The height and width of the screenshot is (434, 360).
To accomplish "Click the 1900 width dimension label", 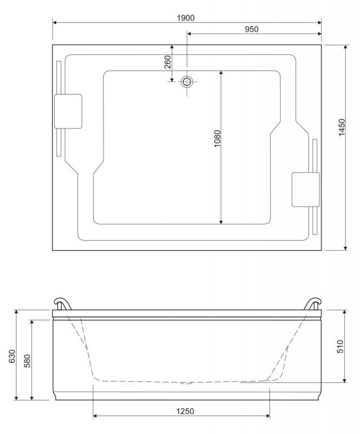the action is [x=185, y=18].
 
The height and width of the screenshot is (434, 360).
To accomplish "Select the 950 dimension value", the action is [x=252, y=29].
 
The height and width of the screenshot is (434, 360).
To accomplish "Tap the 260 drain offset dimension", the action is [x=168, y=62].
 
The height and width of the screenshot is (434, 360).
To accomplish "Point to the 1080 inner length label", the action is [x=217, y=138].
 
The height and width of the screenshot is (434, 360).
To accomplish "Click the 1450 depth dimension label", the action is [x=342, y=127].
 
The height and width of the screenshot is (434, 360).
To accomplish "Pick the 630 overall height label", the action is [x=12, y=356].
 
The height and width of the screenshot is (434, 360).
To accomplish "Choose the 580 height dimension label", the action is [x=28, y=361].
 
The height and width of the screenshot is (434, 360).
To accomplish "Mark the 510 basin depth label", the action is [x=340, y=347].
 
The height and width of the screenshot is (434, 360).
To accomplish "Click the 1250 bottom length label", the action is [x=185, y=411].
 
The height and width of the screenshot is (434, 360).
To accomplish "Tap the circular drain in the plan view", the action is [x=187, y=82].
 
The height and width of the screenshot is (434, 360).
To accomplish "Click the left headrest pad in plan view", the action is [x=68, y=111].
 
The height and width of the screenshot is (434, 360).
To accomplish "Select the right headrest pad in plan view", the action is [x=306, y=189].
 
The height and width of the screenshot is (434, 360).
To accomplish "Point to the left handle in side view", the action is [x=62, y=304].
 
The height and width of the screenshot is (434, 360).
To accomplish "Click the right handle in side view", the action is [x=313, y=304].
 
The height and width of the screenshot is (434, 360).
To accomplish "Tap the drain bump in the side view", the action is [x=186, y=383].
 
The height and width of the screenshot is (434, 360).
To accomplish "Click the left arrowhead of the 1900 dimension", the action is [x=55, y=22].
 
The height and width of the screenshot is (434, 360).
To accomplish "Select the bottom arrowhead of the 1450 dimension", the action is [x=345, y=248].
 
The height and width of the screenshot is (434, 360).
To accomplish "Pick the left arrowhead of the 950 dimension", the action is [x=189, y=34].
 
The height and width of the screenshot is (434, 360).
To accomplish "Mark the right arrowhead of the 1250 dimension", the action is [x=268, y=416].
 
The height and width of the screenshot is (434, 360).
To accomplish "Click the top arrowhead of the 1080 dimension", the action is [x=221, y=73].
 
